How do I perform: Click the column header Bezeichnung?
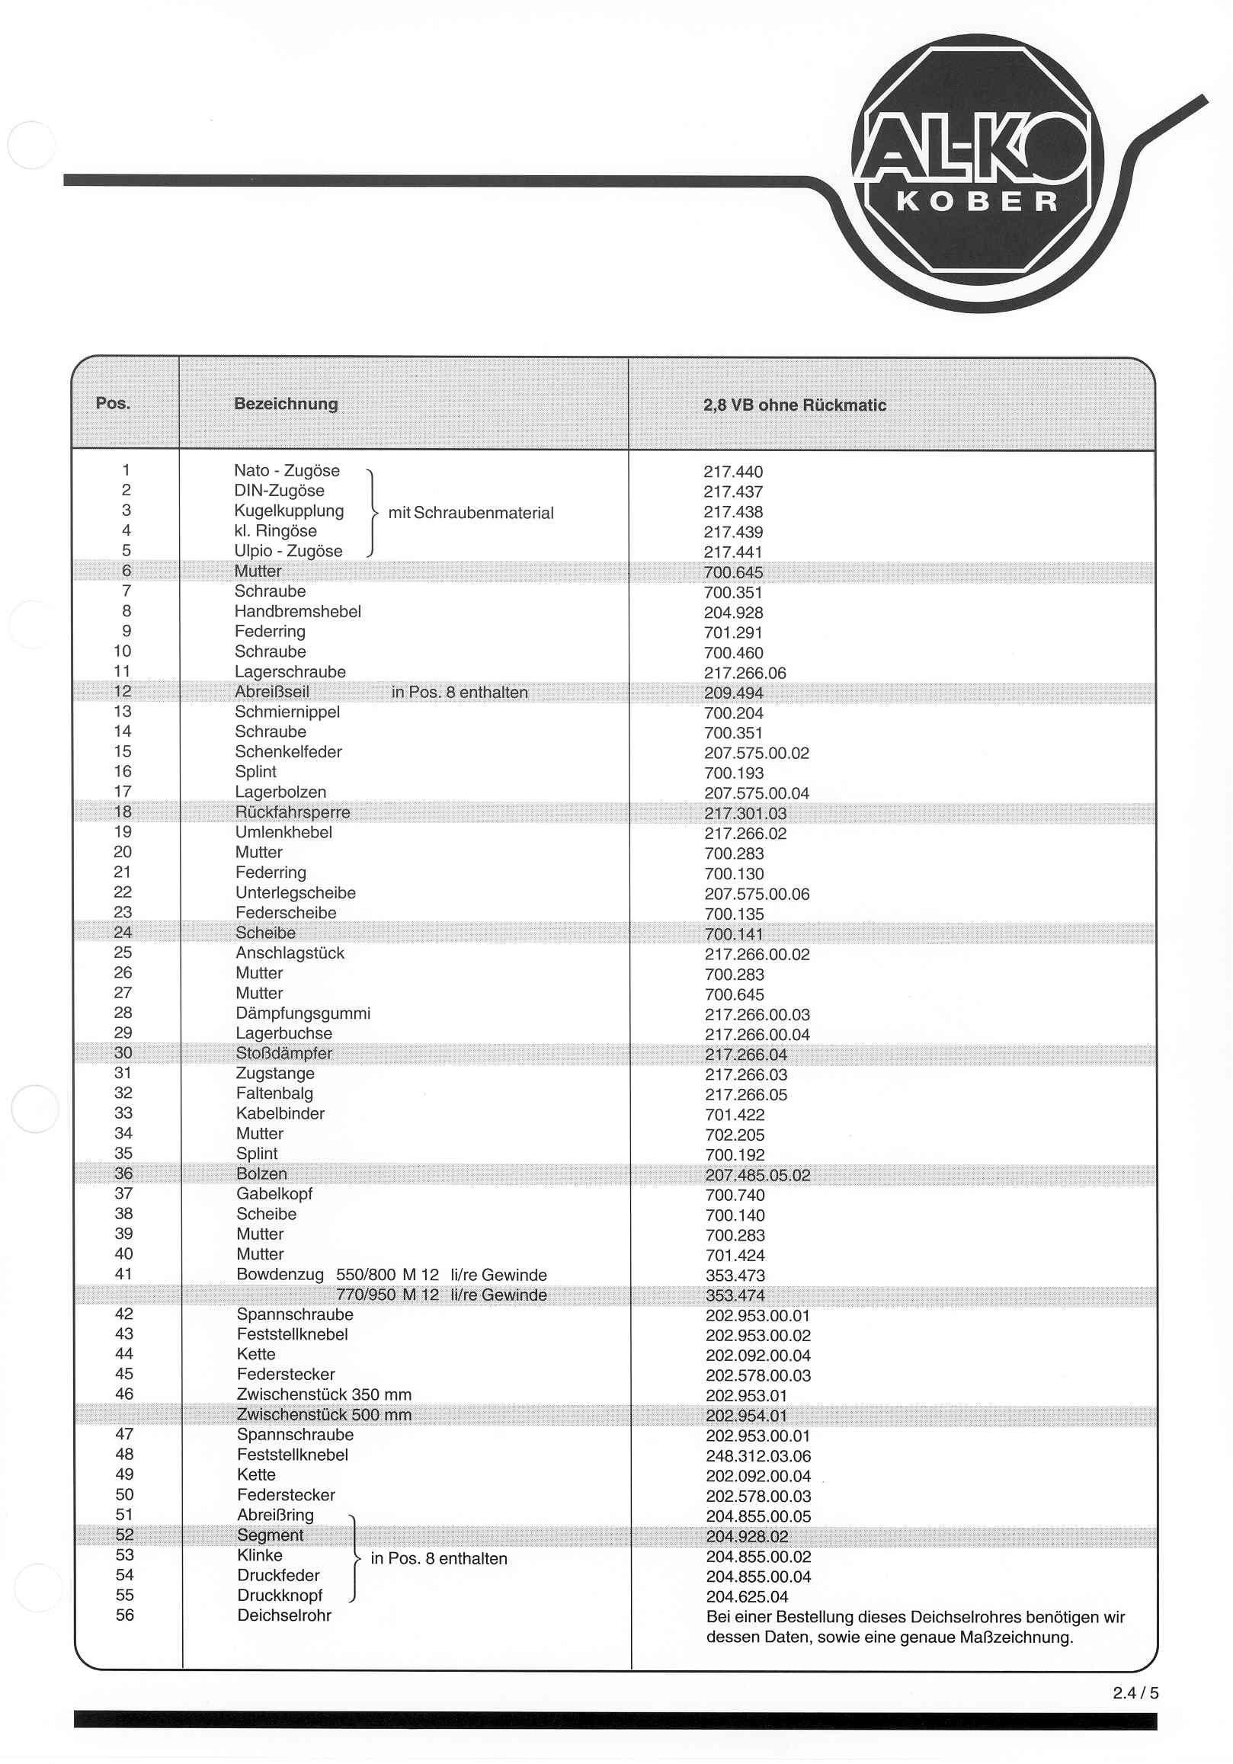point(286,403)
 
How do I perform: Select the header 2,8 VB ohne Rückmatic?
point(794,405)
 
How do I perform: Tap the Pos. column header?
point(113,403)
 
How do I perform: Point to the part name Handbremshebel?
point(297,612)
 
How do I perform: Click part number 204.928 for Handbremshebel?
point(733,613)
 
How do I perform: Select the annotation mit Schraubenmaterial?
point(470,513)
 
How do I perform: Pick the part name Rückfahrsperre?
point(292,812)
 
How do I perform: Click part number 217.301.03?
point(745,814)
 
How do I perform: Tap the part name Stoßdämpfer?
point(283,1053)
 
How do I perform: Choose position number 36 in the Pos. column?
point(123,1173)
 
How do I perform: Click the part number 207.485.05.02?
point(757,1175)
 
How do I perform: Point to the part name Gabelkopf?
point(274,1194)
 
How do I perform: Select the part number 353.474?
point(735,1295)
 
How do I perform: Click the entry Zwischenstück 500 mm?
point(323,1414)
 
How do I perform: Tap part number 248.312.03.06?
point(758,1456)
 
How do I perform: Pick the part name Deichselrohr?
point(284,1615)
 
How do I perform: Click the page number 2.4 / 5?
point(1135,1692)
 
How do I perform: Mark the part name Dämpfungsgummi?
point(303,1013)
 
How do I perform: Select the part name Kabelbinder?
point(280,1113)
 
